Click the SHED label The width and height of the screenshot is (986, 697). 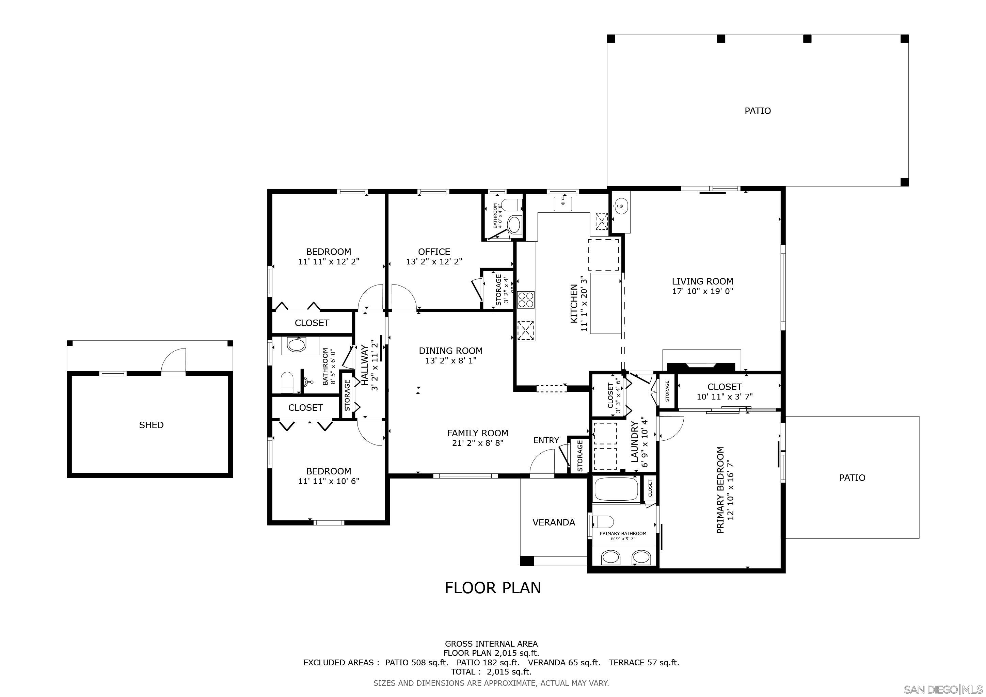pyautogui.click(x=151, y=425)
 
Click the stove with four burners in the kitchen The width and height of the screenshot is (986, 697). pyautogui.click(x=526, y=299)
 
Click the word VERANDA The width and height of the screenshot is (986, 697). pyautogui.click(x=554, y=522)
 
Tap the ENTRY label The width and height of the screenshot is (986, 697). pyautogui.click(x=546, y=440)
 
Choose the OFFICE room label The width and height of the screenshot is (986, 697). pyautogui.click(x=434, y=252)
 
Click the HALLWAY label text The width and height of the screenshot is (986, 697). pyautogui.click(x=365, y=359)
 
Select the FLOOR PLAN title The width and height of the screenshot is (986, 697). pyautogui.click(x=493, y=587)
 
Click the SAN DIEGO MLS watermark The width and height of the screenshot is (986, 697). pyautogui.click(x=943, y=689)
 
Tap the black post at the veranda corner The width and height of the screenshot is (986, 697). pyautogui.click(x=527, y=561)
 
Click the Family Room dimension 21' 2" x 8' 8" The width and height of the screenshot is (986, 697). pyautogui.click(x=478, y=443)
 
